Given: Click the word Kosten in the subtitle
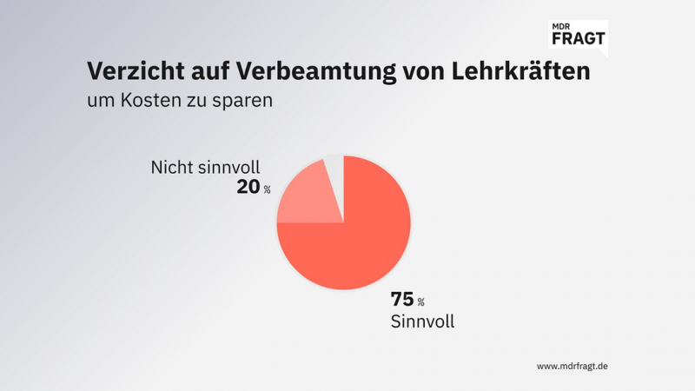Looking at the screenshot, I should pyautogui.click(x=154, y=100).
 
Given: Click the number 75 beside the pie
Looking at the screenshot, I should pyautogui.click(x=402, y=300).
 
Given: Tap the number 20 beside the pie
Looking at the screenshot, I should pyautogui.click(x=248, y=185).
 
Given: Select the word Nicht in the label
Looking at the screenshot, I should pyautogui.click(x=171, y=166).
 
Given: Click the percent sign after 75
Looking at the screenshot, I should pyautogui.click(x=420, y=302).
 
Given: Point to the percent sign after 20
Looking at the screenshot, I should pyautogui.click(x=267, y=189).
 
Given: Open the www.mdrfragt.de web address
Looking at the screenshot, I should pyautogui.click(x=572, y=366).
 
